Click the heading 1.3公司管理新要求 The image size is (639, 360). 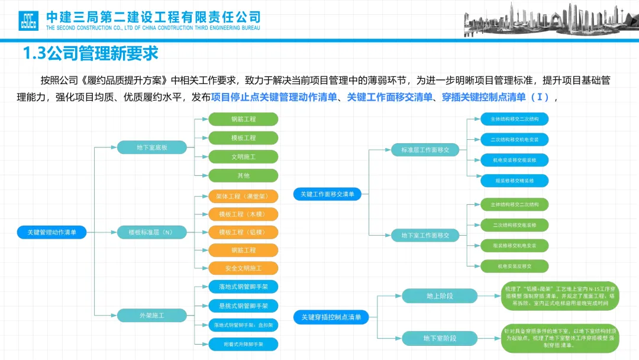click(91, 54)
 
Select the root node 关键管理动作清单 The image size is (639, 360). click(52, 232)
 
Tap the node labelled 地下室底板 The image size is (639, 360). click(152, 147)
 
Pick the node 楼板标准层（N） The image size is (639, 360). click(152, 232)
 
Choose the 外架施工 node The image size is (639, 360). click(152, 316)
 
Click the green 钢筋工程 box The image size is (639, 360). click(243, 119)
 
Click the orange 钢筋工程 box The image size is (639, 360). click(243, 250)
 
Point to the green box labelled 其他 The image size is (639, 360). click(243, 175)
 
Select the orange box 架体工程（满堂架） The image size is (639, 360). click(243, 196)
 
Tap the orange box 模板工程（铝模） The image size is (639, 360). click(243, 232)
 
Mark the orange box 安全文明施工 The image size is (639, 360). click(243, 268)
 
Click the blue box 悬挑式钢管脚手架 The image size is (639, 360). click(243, 306)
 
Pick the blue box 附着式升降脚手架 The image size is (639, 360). click(243, 343)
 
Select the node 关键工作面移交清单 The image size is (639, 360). click(327, 194)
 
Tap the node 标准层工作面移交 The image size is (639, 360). click(425, 150)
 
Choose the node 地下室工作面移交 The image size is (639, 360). click(425, 235)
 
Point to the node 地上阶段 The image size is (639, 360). click(440, 295)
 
